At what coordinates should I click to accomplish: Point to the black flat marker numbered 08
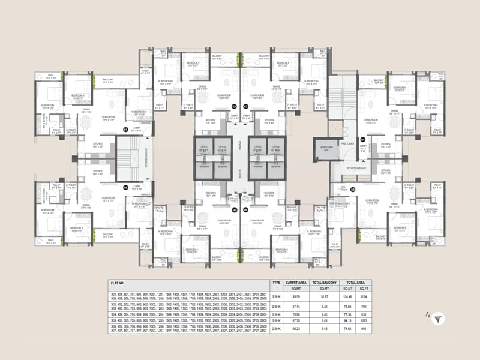[125, 187]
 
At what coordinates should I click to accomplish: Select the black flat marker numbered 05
[353, 190]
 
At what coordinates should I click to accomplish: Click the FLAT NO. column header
[120, 281]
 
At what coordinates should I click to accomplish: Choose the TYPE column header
[277, 281]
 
